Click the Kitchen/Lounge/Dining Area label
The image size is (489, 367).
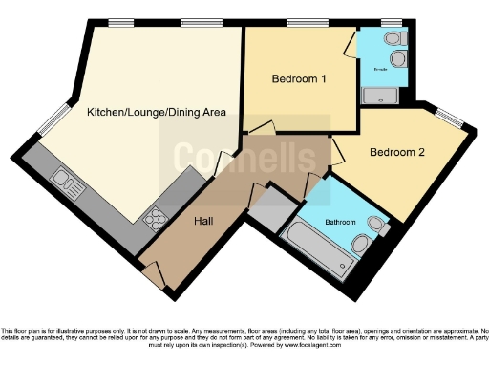(156, 113)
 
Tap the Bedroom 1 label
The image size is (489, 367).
(300, 78)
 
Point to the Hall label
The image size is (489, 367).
(203, 221)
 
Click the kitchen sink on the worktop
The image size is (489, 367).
(65, 179)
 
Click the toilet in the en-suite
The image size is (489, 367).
(394, 38)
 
